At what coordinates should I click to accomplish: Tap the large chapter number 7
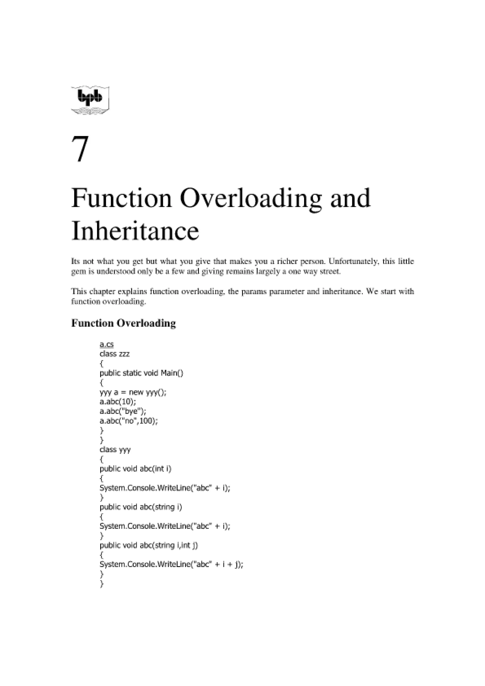tap(80, 149)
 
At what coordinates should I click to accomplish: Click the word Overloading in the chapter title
tap(251, 198)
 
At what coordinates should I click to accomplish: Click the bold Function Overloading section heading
tap(123, 323)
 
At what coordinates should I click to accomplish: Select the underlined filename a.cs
tap(106, 344)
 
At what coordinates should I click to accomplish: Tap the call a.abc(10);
tap(117, 402)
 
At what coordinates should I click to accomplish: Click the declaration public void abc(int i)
tap(135, 469)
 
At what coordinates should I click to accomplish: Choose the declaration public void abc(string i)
tap(141, 507)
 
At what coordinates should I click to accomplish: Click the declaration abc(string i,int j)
tap(169, 545)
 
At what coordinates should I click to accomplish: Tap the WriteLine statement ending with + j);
tap(171, 564)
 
